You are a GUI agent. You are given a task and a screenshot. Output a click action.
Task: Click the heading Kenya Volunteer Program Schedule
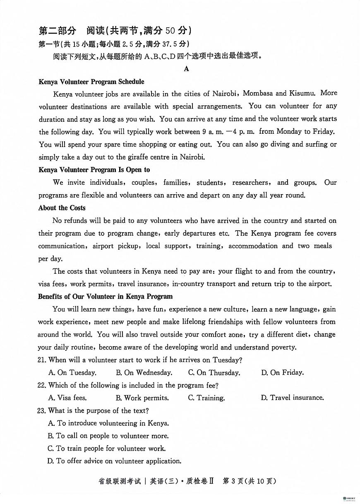[x=91, y=82]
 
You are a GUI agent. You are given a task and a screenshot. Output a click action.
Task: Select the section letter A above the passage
[x=186, y=69]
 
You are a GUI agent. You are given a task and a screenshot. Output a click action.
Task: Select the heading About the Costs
[x=62, y=208]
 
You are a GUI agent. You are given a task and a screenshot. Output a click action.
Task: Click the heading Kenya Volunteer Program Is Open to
[x=94, y=170]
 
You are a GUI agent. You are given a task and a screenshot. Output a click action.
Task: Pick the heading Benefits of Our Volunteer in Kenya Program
[x=106, y=297]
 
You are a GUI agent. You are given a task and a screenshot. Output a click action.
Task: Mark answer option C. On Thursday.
[x=214, y=373]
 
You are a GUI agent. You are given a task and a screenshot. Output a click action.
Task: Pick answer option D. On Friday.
[x=283, y=373]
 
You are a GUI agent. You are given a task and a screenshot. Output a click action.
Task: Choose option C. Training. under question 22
[x=206, y=398]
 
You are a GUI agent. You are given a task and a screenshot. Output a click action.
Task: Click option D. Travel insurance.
[x=293, y=398]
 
